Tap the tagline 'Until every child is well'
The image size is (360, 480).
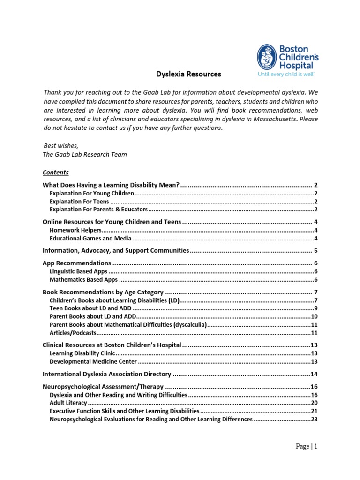tap(286, 74)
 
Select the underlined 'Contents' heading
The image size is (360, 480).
tap(56, 172)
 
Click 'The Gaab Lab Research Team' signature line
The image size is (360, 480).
tap(85, 154)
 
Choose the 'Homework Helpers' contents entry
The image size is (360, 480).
tap(75, 230)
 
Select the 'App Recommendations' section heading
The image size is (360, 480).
tap(77, 263)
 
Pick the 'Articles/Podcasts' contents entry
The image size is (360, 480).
tap(73, 333)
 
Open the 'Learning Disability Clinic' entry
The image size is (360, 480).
tap(82, 353)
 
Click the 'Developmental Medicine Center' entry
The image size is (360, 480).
tap(93, 361)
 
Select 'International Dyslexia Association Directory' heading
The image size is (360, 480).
tap(107, 374)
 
